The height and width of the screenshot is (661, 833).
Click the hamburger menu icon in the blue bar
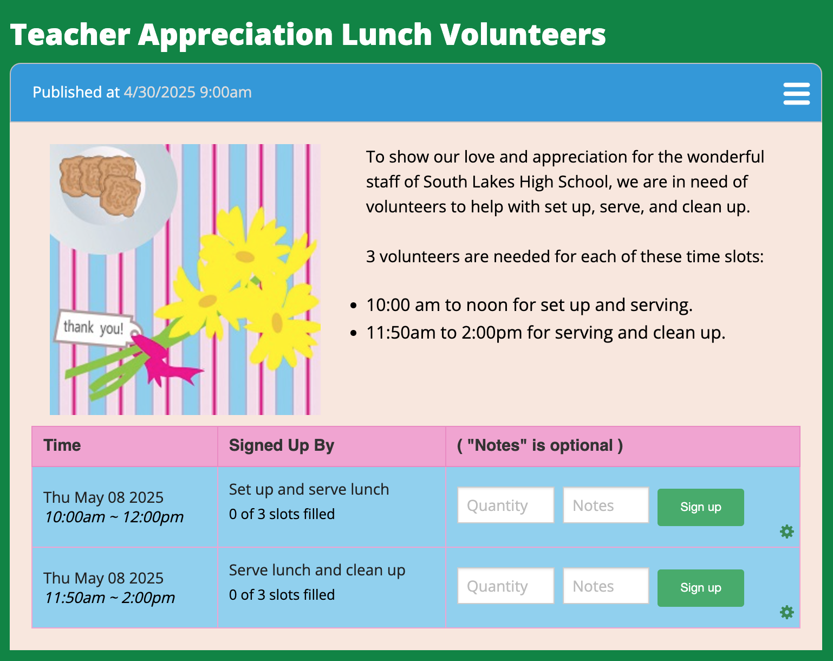click(796, 93)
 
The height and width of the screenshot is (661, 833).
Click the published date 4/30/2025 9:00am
click(188, 92)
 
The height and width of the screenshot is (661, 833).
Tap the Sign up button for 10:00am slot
click(701, 507)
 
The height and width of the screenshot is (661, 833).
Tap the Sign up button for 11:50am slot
click(701, 587)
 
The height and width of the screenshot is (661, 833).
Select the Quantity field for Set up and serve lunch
click(505, 505)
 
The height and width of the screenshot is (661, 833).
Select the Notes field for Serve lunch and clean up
click(606, 586)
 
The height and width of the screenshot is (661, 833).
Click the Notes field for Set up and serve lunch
click(606, 505)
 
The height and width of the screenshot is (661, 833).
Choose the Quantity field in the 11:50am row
click(505, 586)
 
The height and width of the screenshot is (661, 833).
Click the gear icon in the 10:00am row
click(786, 532)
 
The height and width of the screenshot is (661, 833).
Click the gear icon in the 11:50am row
click(786, 612)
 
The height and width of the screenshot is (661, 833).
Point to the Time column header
click(62, 445)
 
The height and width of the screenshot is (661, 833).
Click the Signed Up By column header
click(282, 446)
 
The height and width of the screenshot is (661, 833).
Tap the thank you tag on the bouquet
click(97, 328)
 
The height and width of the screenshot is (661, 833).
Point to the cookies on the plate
click(100, 184)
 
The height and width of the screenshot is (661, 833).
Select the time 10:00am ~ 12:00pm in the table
click(114, 517)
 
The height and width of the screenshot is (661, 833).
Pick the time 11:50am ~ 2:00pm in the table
click(109, 598)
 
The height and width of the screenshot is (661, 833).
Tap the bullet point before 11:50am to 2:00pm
click(353, 333)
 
